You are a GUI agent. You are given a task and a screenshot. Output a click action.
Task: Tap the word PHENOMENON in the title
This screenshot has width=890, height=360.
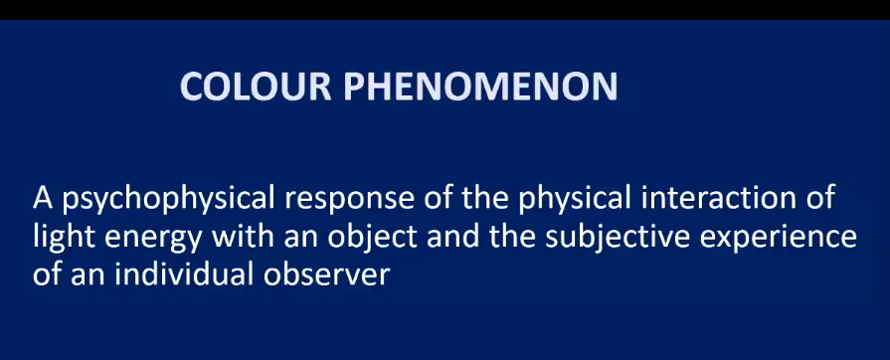point(480,87)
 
